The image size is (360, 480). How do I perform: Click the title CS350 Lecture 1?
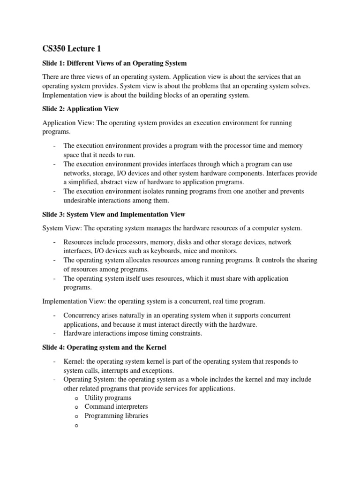click(71, 48)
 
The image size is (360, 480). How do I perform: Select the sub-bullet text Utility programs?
click(108, 397)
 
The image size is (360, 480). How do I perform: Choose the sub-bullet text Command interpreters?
click(116, 406)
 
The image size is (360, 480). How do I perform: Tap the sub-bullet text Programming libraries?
click(116, 416)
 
